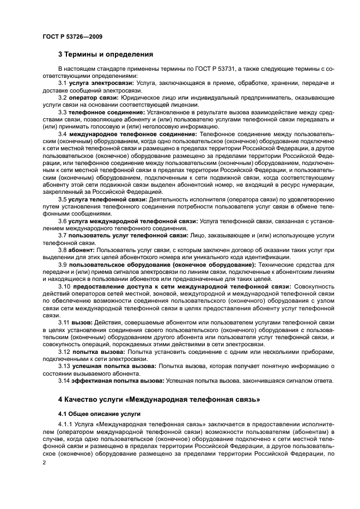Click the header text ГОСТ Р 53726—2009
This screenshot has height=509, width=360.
click(x=72, y=36)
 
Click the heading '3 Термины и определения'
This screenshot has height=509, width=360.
click(x=105, y=54)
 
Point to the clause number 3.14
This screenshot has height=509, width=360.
click(x=64, y=381)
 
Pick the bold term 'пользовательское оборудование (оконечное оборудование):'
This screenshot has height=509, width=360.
click(x=162, y=265)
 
